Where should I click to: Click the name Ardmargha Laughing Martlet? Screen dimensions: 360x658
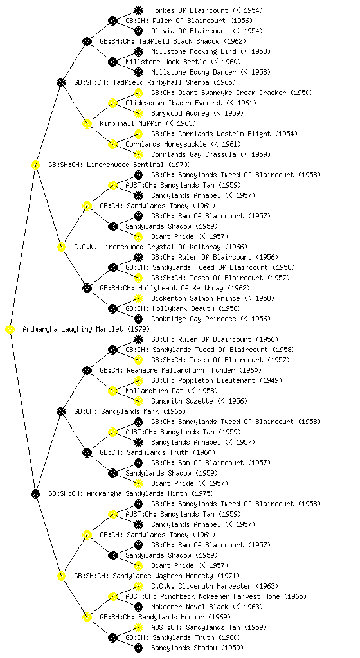click(73, 329)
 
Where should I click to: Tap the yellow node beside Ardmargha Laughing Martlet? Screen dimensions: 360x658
click(10, 329)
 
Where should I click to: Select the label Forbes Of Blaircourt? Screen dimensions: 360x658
click(190, 10)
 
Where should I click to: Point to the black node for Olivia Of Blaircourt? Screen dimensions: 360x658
click(138, 31)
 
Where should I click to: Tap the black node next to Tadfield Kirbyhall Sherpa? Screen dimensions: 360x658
click(61, 82)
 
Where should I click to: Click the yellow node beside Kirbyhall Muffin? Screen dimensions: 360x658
click(87, 123)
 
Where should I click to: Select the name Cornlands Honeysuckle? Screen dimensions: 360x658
click(166, 144)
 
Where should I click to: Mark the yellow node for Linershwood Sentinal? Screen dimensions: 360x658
click(35, 164)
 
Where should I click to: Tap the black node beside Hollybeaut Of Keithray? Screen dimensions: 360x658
click(87, 288)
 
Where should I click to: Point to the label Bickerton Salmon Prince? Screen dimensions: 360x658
click(195, 298)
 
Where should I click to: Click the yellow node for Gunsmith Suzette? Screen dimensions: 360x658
click(138, 401)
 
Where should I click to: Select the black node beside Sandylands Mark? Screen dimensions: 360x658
click(61, 411)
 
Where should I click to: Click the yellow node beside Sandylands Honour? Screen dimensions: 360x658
click(87, 617)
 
